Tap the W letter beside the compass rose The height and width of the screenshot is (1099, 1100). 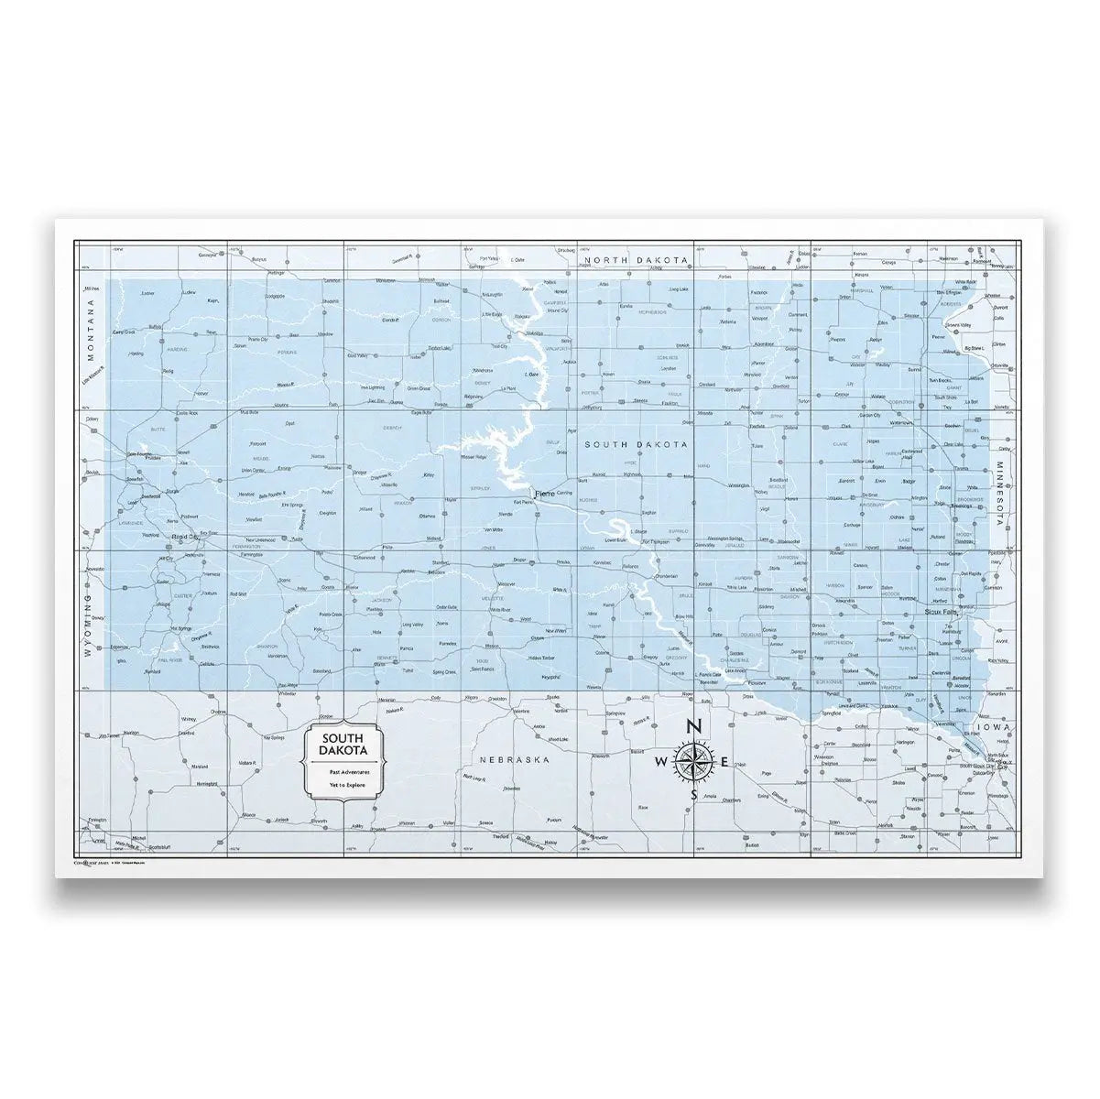661,762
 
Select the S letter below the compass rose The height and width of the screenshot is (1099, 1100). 693,795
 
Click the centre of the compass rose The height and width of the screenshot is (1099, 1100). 693,761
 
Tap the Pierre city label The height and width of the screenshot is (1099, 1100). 545,495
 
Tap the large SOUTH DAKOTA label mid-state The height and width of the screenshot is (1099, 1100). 637,444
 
